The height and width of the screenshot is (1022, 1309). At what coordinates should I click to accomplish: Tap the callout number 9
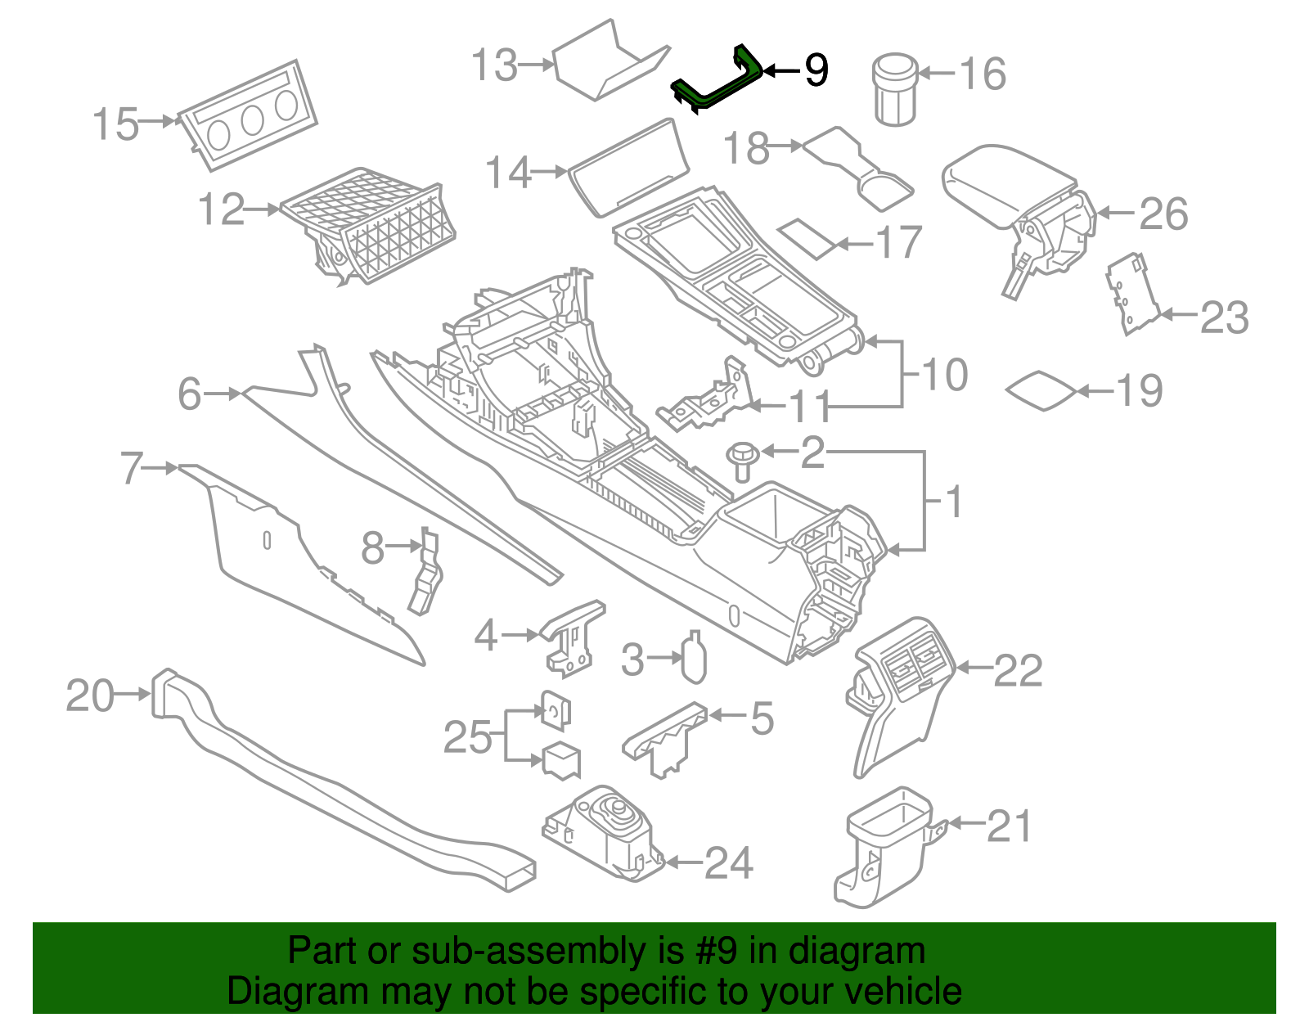[x=816, y=70]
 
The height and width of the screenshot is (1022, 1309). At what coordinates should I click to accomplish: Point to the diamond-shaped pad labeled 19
[x=1041, y=391]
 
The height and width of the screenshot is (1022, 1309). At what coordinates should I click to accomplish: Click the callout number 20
[x=90, y=696]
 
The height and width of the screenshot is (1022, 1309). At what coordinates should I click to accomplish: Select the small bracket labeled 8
[x=425, y=573]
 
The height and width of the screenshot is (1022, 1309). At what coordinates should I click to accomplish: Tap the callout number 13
[x=495, y=65]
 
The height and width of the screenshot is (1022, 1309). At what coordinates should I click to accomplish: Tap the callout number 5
[x=762, y=718]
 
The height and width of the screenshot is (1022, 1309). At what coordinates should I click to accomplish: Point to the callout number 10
[x=945, y=375]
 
